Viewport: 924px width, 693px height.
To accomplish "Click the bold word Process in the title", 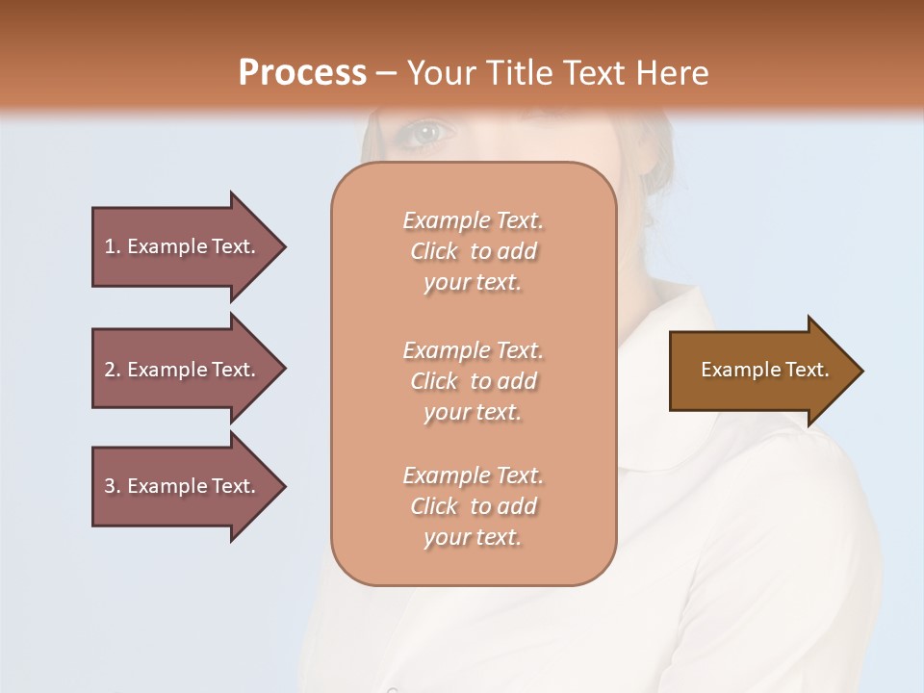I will click(302, 72).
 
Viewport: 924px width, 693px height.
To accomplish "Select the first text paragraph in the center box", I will click(473, 251).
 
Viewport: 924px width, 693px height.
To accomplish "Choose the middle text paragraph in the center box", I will click(473, 381).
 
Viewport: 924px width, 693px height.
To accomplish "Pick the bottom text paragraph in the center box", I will click(473, 506).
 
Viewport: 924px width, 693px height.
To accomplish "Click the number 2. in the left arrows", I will click(113, 370).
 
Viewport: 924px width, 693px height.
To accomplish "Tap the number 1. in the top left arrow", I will click(113, 246).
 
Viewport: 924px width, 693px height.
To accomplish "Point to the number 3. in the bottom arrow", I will click(113, 486).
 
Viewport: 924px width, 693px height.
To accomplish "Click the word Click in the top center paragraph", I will click(434, 251).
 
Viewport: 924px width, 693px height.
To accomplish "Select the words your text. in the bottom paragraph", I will click(473, 537).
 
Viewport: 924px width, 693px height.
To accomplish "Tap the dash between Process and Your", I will click(387, 73).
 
